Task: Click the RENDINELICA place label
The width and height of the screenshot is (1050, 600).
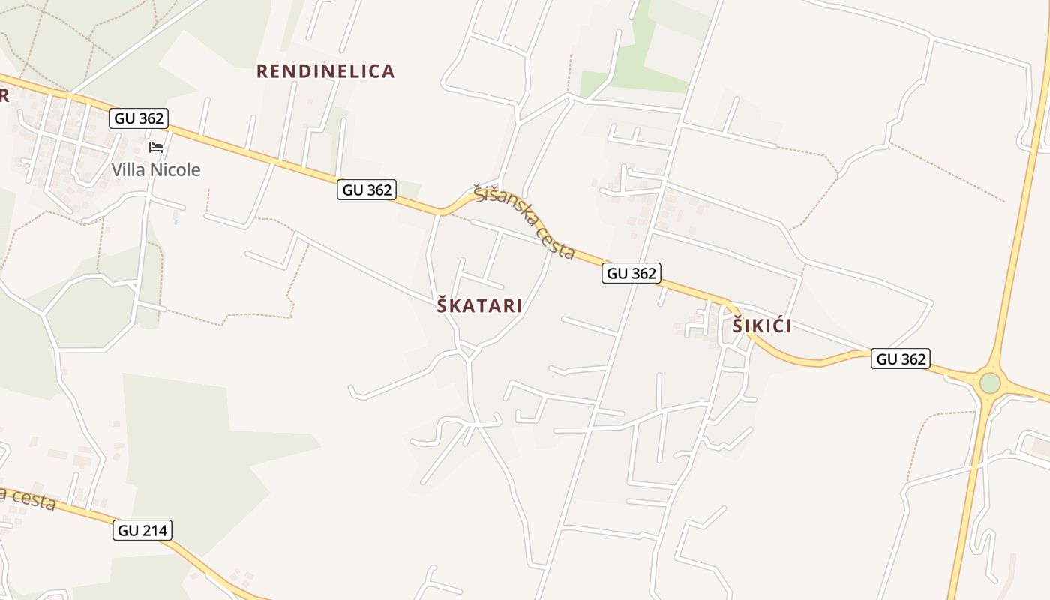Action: [x=325, y=71]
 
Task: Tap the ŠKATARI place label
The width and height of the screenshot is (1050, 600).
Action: [x=479, y=306]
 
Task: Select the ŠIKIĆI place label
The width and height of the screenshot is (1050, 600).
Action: [x=762, y=326]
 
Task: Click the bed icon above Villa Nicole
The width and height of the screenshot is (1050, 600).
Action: [x=156, y=147]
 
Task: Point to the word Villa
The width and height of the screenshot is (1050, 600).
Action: [x=128, y=170]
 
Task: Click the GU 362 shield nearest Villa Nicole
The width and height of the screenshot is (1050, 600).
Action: [x=139, y=118]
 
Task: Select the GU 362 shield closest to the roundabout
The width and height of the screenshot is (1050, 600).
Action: [x=900, y=359]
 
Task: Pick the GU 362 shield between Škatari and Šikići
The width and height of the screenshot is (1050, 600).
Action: [x=631, y=273]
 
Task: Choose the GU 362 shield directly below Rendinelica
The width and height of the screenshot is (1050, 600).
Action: [x=367, y=190]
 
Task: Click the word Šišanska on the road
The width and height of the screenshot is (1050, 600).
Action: [x=502, y=205]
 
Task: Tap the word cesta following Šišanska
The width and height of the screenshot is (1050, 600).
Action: [x=556, y=242]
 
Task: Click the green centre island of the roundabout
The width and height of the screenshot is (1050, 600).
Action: [x=990, y=383]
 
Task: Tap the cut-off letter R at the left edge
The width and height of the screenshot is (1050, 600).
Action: [x=4, y=95]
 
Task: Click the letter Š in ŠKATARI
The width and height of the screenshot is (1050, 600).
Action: [x=443, y=305]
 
